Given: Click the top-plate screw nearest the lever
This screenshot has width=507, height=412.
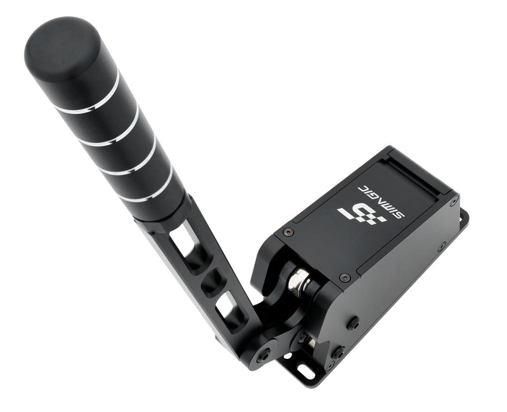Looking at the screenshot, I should [289, 232].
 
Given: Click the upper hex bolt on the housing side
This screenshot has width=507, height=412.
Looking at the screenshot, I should [353, 323].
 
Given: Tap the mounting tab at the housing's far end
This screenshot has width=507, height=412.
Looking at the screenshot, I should [463, 219].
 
